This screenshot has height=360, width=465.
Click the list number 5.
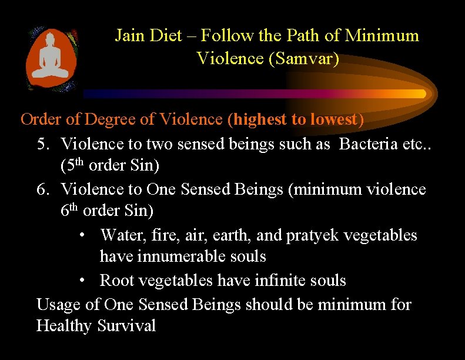tap(42, 144)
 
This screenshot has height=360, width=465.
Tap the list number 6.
tap(42, 189)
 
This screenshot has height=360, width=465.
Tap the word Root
tap(115, 281)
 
